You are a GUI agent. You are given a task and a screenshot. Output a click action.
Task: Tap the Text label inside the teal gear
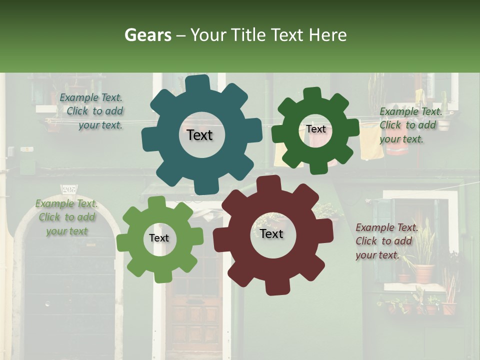click(199, 135)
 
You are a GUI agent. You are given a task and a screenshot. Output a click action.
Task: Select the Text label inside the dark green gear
click(315, 129)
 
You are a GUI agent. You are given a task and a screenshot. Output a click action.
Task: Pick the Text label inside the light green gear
click(159, 238)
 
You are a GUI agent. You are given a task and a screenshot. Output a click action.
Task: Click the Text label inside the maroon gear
click(271, 233)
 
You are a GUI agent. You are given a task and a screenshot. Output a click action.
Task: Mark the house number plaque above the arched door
click(68, 188)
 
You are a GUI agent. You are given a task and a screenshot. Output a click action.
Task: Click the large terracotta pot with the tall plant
click(424, 272)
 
